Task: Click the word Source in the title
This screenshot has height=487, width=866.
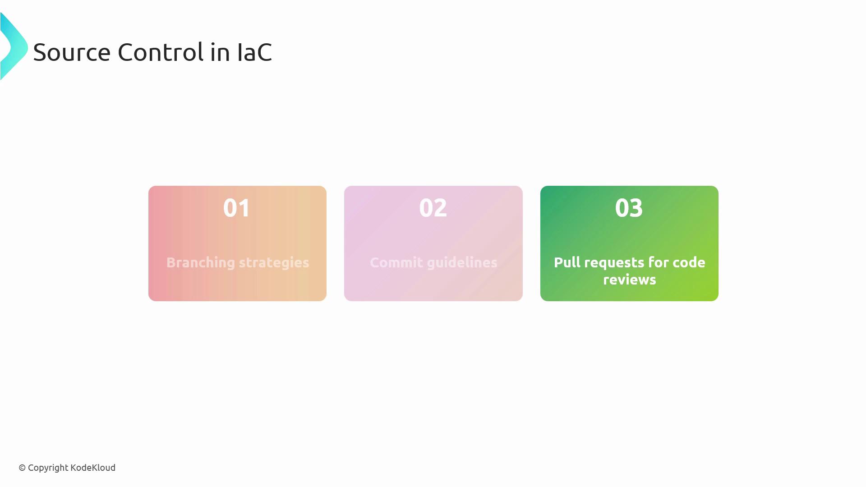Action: pos(72,52)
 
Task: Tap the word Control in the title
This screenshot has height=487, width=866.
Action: pos(161,52)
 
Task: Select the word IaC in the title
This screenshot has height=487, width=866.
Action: pos(254,52)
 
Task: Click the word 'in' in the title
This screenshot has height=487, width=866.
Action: pos(220,52)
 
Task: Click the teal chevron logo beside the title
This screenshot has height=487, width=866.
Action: pos(14,47)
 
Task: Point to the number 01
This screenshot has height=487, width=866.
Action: pos(237,208)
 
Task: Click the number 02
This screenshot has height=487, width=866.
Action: pos(433,208)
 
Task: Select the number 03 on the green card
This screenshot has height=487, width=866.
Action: pos(629,208)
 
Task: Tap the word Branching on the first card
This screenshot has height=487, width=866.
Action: pos(201,263)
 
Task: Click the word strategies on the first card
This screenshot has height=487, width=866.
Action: pos(274,263)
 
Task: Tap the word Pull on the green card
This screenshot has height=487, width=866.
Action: pos(567,262)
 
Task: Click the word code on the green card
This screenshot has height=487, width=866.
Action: pos(689,262)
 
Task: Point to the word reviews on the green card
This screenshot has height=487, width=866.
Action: pos(630,280)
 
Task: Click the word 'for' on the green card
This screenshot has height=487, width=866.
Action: pos(659,262)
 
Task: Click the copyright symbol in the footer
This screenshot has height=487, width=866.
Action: pos(22,468)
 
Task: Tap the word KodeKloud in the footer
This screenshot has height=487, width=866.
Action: pos(93,468)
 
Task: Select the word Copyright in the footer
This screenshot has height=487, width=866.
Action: pos(48,468)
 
